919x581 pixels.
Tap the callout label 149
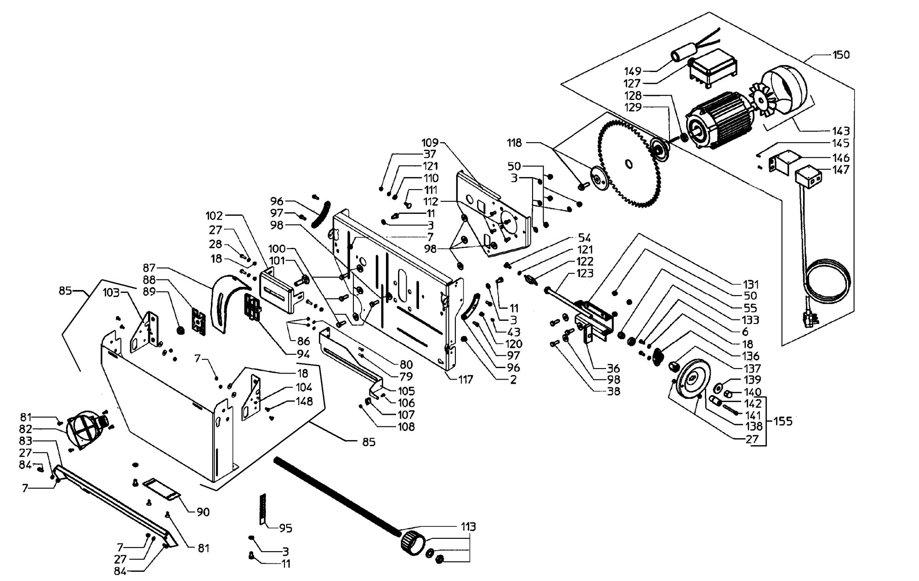pos(633,71)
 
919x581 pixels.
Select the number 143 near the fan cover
pos(840,131)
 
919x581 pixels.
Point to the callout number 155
pos(783,421)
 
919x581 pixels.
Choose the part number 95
pos(286,528)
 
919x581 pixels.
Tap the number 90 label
pos(203,512)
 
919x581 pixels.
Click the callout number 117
pos(465,380)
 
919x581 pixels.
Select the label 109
pos(430,142)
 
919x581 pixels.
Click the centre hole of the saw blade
pos(629,164)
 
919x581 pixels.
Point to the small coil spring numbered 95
pos(263,509)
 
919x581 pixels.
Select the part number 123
pos(584,274)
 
